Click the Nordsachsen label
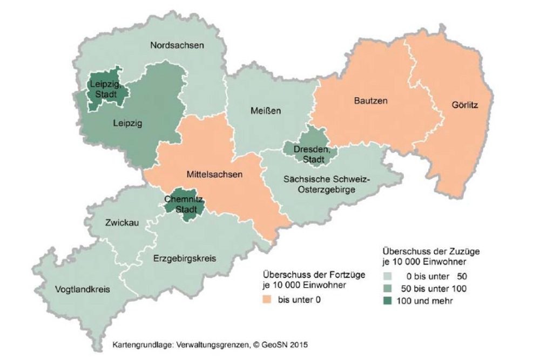pyautogui.click(x=177, y=46)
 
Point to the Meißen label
pyautogui.click(x=266, y=111)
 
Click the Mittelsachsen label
pyautogui.click(x=214, y=174)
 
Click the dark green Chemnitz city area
pyautogui.click(x=184, y=206)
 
